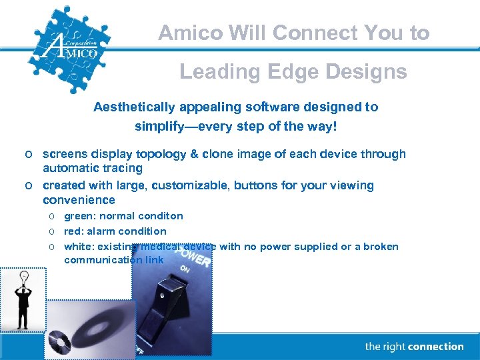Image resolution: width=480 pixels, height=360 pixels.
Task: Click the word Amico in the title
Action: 187,33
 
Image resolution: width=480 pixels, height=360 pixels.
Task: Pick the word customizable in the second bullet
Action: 187,185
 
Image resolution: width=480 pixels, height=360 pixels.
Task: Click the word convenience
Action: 79,200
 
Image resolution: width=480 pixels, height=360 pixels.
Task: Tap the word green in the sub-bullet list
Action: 78,216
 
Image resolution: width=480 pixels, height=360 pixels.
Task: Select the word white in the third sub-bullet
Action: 78,247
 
